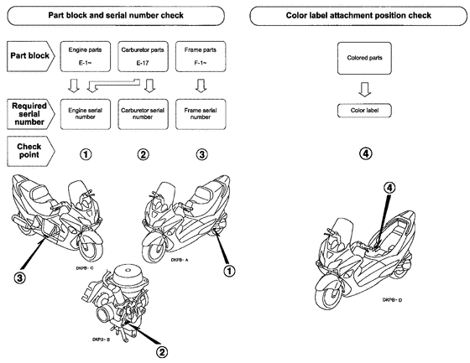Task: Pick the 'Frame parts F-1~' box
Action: pos(199,57)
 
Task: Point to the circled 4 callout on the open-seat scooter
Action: pos(389,189)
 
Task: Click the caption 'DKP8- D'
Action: pos(394,299)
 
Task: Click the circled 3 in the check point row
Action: pos(200,154)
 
